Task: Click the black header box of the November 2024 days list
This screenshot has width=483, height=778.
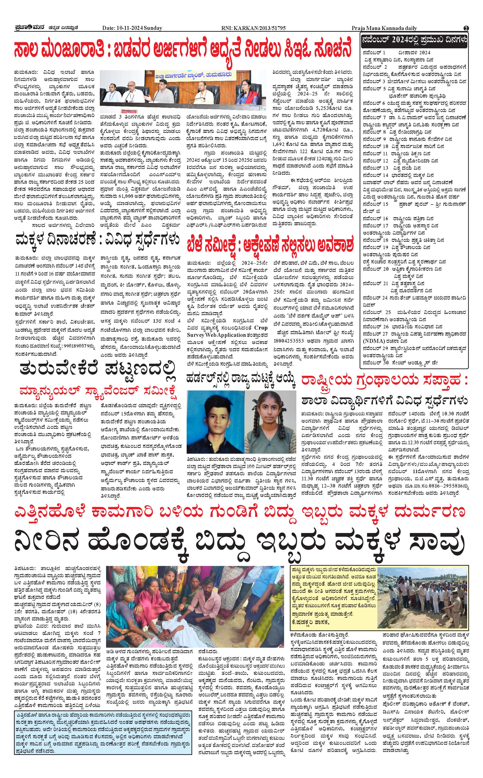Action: pos(414,40)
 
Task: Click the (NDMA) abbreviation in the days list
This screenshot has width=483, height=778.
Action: pos(373,341)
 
